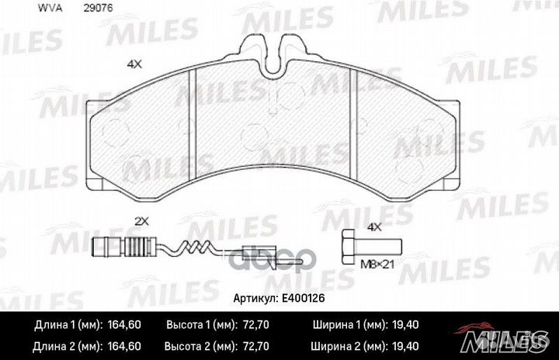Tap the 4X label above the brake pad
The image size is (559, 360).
pos(134,64)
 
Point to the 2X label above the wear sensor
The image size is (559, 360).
pos(140,221)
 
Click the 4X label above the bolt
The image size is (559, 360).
pos(374,227)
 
